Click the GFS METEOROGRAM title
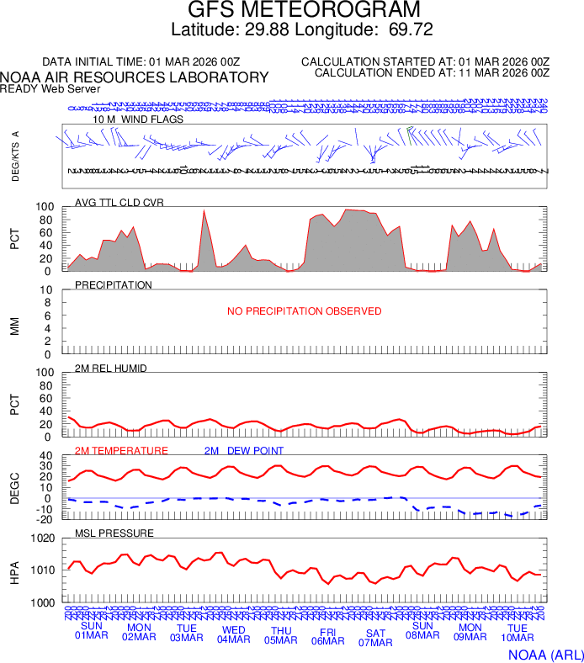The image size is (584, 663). pyautogui.click(x=303, y=10)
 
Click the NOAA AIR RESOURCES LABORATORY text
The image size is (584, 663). pyautogui.click(x=135, y=77)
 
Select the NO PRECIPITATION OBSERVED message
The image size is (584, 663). pyautogui.click(x=305, y=311)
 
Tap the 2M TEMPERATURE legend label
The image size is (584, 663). pyautogui.click(x=121, y=451)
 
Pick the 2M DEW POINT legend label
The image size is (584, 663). pyautogui.click(x=244, y=451)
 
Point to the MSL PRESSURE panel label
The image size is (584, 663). pyautogui.click(x=114, y=533)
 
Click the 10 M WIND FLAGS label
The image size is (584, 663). pyautogui.click(x=138, y=119)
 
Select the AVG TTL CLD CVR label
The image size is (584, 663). pyautogui.click(x=119, y=202)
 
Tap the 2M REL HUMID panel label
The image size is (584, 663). pyautogui.click(x=111, y=369)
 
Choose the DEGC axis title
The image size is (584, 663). pyautogui.click(x=14, y=488)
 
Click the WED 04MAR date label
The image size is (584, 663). pyautogui.click(x=234, y=634)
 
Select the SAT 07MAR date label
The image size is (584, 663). pyautogui.click(x=375, y=638)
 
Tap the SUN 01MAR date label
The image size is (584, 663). pyautogui.click(x=91, y=630)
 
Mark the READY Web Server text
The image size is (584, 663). pyautogui.click(x=50, y=88)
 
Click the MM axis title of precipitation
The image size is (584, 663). pyautogui.click(x=14, y=322)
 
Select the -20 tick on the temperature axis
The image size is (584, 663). pyautogui.click(x=45, y=519)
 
